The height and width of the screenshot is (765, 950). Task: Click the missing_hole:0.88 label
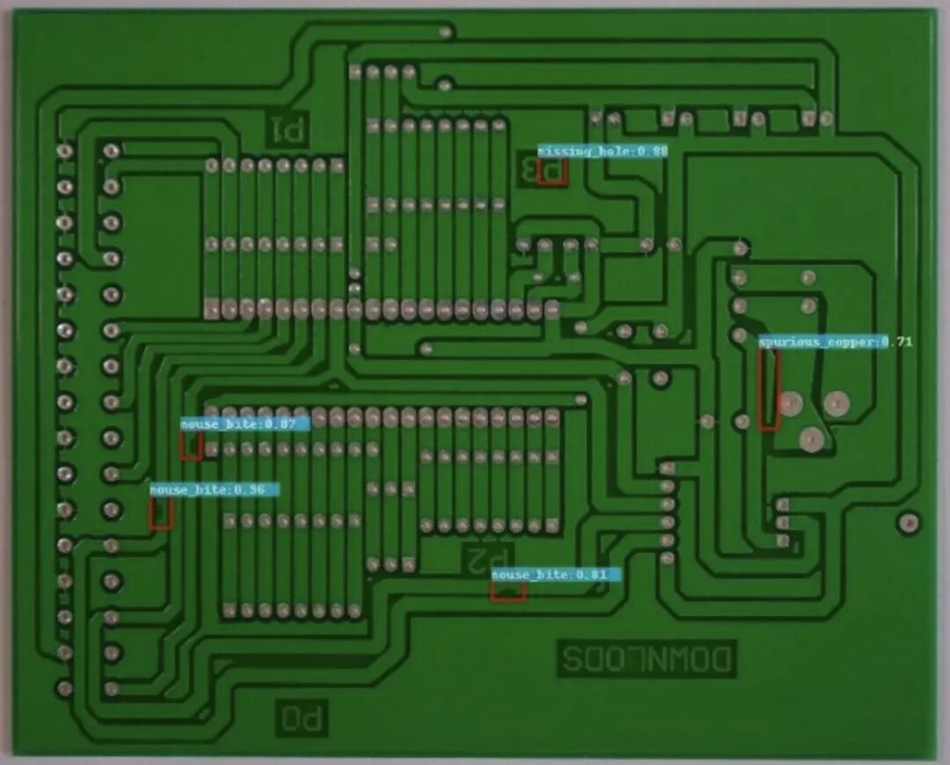coord(603,151)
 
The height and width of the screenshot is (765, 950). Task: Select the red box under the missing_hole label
coord(552,172)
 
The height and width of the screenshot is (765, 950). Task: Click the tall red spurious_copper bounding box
coord(770,390)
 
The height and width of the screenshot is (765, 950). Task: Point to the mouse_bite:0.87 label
coord(245,424)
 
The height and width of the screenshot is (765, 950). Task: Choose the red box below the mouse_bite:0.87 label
coord(191,446)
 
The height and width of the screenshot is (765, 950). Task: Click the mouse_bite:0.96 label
coord(214,489)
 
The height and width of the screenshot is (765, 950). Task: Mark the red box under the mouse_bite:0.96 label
coord(160,513)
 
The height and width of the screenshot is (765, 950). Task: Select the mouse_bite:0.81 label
coord(556,575)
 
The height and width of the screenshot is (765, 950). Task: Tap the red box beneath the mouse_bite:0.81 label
coord(508,592)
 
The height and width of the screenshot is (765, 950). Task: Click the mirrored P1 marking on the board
coord(288,130)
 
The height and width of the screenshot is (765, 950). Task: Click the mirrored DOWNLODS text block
coord(647,658)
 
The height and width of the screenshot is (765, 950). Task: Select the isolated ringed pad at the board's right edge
coord(909,523)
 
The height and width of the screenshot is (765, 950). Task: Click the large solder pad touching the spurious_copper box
coord(790,404)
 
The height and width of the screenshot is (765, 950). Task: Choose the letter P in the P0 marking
coord(316,717)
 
